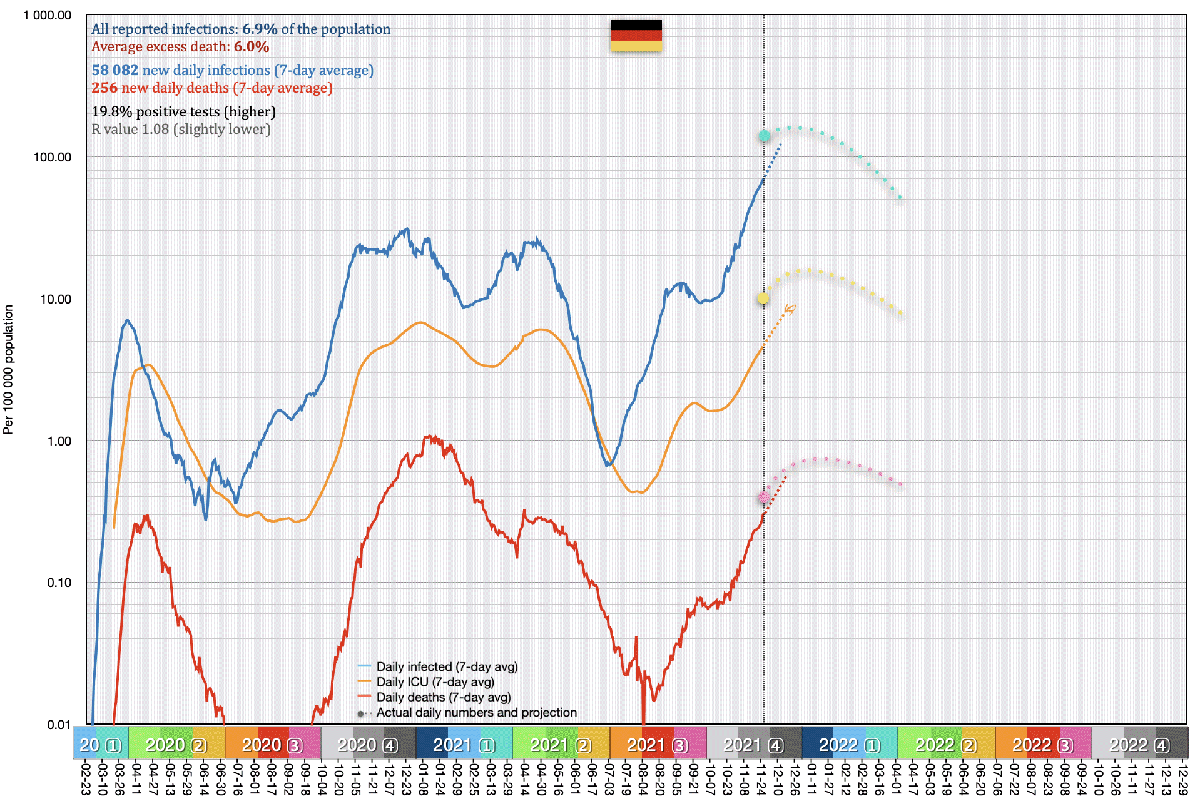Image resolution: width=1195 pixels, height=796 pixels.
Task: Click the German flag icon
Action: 636,36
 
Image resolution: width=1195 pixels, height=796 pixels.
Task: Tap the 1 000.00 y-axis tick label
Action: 48,15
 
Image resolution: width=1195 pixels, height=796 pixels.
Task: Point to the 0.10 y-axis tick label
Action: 59,583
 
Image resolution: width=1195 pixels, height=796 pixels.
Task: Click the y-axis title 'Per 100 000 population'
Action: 8,369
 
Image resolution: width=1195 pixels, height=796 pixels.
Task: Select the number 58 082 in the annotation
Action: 115,70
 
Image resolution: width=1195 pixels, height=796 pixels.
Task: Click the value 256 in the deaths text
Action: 104,88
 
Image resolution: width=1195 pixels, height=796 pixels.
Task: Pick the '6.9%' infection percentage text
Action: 260,29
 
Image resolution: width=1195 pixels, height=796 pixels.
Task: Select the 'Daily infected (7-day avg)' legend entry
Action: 447,666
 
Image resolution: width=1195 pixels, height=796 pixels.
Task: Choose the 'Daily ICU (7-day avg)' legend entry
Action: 435,681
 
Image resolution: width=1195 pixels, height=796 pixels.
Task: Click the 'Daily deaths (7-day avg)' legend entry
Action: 443,697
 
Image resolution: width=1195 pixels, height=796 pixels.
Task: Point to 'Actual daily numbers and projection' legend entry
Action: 476,712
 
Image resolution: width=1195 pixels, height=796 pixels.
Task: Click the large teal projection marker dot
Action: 764,136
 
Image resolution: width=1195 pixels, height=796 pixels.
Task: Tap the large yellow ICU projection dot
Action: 763,298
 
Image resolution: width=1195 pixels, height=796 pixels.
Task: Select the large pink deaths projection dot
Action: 764,497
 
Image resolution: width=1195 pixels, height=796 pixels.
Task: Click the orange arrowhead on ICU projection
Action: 791,309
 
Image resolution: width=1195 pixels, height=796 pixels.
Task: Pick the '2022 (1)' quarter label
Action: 850,745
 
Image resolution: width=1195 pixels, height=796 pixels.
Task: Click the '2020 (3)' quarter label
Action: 272,745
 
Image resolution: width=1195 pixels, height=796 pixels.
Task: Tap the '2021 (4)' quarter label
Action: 753,745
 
